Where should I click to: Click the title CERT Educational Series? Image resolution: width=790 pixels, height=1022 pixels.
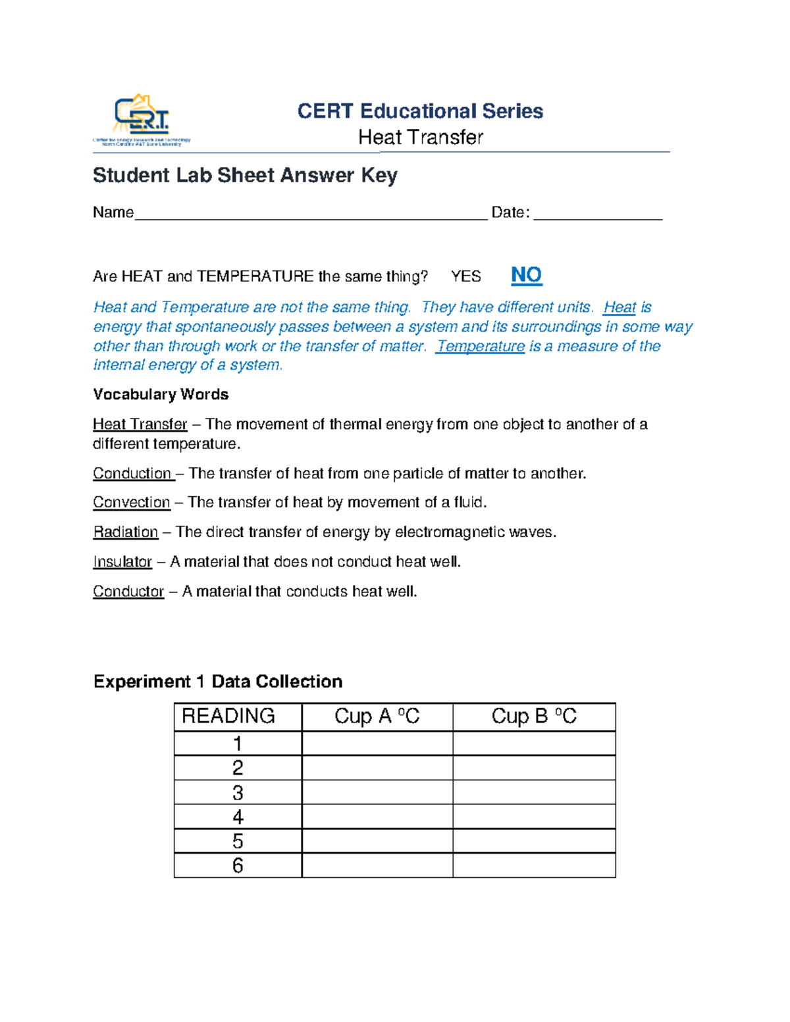point(420,111)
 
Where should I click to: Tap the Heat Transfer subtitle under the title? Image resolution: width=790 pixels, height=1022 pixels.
point(420,138)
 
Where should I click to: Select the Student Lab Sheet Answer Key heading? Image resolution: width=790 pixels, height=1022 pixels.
point(245,176)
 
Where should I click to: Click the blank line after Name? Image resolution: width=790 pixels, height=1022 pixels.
point(311,214)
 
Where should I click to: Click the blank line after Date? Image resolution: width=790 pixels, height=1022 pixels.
point(597,214)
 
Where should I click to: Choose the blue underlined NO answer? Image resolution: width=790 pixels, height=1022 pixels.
point(526,275)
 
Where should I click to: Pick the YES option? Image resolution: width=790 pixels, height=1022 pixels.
point(465,276)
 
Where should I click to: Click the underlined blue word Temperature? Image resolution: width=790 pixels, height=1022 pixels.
point(481,346)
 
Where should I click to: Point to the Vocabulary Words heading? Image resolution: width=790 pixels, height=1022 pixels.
point(161,394)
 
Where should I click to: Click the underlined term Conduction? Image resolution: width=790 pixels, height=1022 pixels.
point(132,473)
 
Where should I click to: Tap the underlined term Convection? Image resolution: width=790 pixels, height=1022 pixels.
point(132,502)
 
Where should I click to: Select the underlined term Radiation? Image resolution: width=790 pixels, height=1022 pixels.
point(126,532)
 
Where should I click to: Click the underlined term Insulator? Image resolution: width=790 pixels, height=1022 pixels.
point(122,561)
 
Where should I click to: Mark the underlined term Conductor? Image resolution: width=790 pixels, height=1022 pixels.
point(128,591)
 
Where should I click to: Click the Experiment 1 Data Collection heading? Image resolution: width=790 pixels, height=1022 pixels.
point(218,681)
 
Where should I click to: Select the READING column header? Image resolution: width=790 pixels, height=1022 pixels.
point(228,716)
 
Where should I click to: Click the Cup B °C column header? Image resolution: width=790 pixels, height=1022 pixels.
point(534,716)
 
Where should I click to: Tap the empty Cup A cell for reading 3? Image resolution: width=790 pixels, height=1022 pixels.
point(377,792)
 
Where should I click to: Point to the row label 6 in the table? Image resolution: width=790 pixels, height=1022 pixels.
point(238,865)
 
